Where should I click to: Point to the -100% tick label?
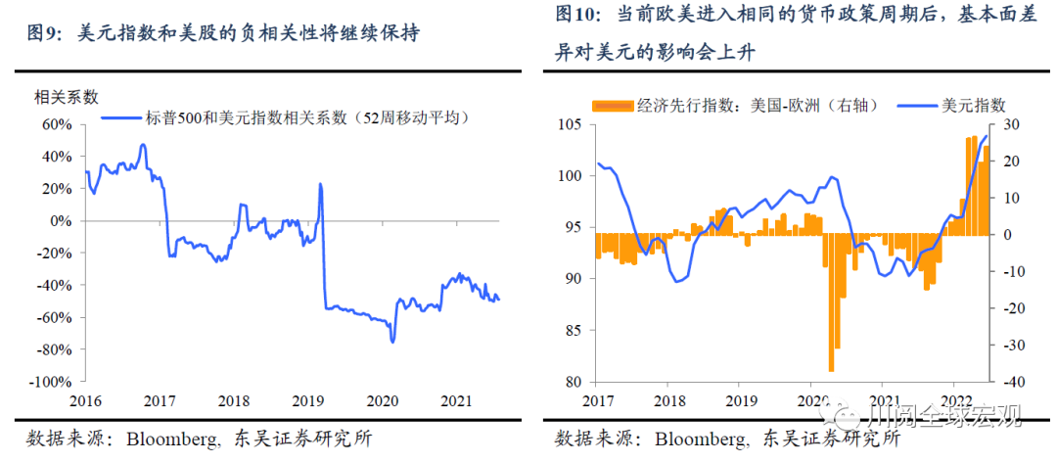click(x=55, y=382)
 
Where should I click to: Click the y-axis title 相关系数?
click(x=67, y=97)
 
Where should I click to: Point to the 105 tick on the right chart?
click(x=574, y=124)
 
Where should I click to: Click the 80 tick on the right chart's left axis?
click(x=577, y=382)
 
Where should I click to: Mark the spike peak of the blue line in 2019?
click(x=320, y=184)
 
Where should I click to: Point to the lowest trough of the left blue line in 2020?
click(x=392, y=342)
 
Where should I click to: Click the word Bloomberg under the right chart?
click(x=701, y=438)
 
